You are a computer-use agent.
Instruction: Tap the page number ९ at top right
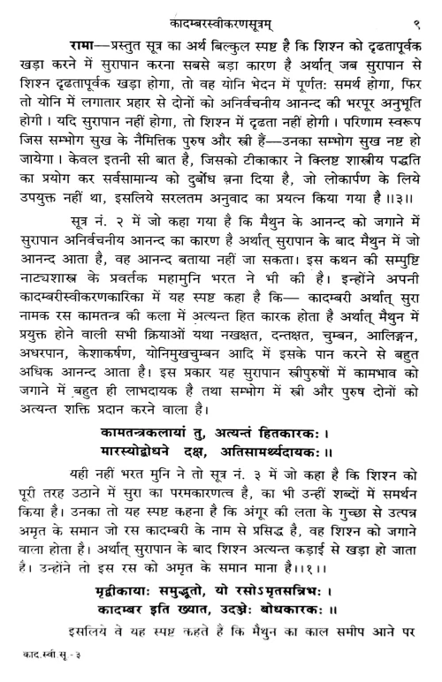tap(416, 12)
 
